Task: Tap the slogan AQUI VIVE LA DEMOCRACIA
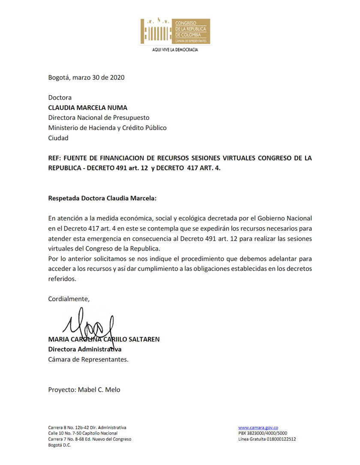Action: point(175,50)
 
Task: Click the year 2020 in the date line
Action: point(117,78)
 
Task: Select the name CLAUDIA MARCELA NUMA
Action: point(87,108)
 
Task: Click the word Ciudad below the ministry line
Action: point(58,138)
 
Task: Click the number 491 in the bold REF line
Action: point(121,168)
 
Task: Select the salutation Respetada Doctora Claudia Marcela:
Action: point(102,199)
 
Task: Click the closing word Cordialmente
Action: point(69,299)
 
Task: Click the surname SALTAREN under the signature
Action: point(142,339)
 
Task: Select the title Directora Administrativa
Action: point(84,349)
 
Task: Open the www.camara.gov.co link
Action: point(258,428)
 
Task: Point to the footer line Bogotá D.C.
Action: point(60,445)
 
